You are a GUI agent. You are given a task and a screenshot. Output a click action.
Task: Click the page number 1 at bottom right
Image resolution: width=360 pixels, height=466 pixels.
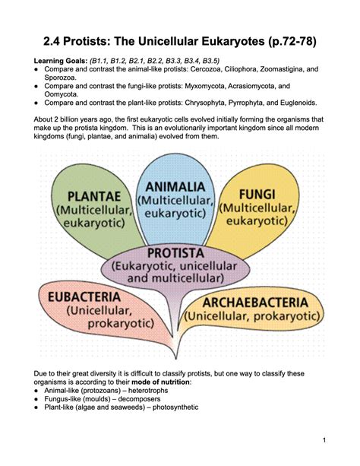click(x=324, y=440)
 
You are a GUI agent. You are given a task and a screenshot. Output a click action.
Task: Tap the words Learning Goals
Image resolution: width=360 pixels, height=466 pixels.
click(x=60, y=60)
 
